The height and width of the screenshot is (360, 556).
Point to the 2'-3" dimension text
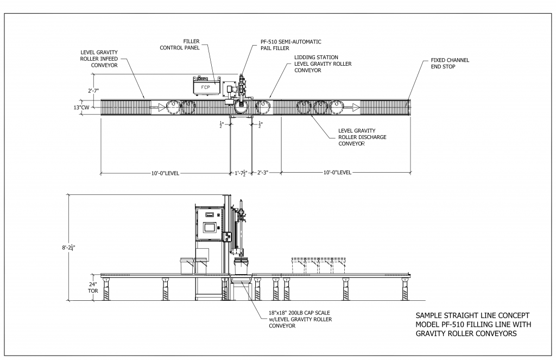[264, 173]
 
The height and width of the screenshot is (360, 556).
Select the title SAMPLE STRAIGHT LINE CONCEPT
[471, 315]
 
